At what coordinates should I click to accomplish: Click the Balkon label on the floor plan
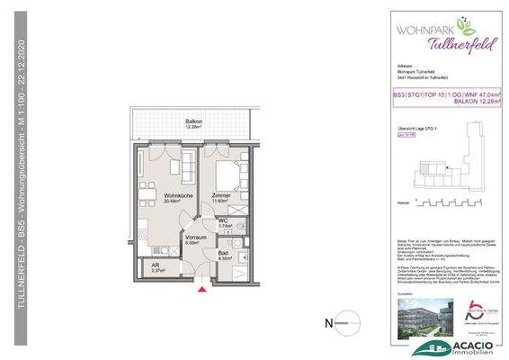[x=193, y=122]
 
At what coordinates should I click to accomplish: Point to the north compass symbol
[x=335, y=321]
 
